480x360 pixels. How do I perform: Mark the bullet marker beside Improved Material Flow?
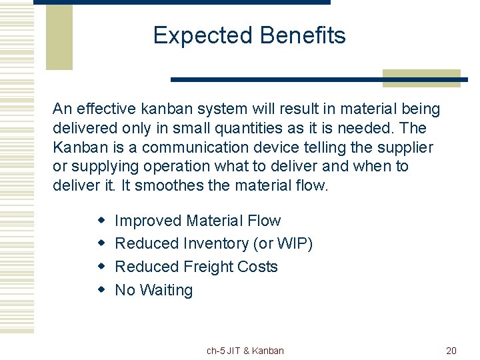[x=101, y=220]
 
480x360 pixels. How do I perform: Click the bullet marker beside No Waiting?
[x=101, y=290]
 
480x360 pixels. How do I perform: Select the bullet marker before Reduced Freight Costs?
[x=101, y=267]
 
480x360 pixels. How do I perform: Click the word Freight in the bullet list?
[x=203, y=267]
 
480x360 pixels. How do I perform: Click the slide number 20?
[x=451, y=351]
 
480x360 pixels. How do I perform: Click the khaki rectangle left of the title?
[x=59, y=37]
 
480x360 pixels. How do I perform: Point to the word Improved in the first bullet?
[x=148, y=220]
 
